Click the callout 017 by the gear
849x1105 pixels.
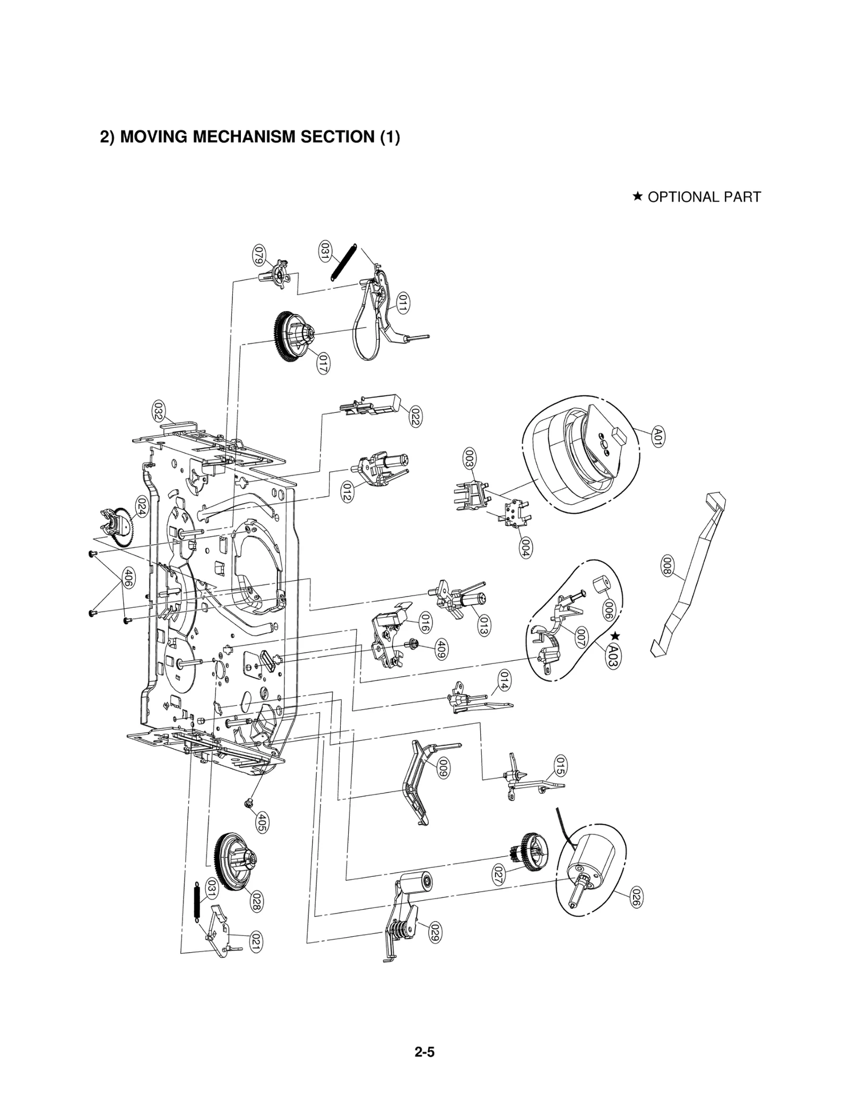tap(323, 364)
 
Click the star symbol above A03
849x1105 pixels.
tap(615, 635)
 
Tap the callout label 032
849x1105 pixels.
tap(158, 412)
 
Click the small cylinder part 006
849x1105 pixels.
tap(600, 586)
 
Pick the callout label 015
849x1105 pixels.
tap(559, 766)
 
